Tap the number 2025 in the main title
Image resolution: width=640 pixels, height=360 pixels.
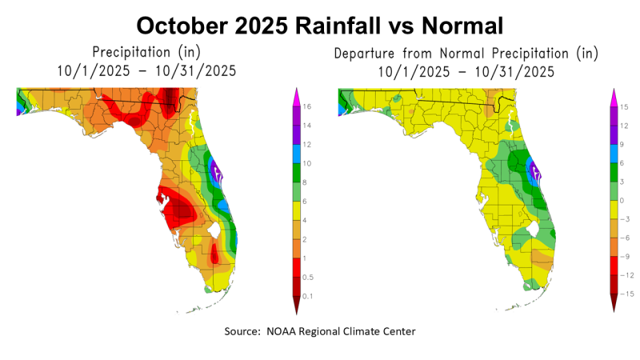259,26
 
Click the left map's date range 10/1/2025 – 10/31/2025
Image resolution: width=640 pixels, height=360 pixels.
146,71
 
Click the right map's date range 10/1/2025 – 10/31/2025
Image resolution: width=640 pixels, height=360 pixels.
467,71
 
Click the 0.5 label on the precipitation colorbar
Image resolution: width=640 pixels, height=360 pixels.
310,277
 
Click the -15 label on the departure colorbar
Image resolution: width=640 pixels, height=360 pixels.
628,295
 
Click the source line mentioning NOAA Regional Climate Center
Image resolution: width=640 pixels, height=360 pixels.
320,331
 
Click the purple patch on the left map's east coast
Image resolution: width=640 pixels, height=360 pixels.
215,169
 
